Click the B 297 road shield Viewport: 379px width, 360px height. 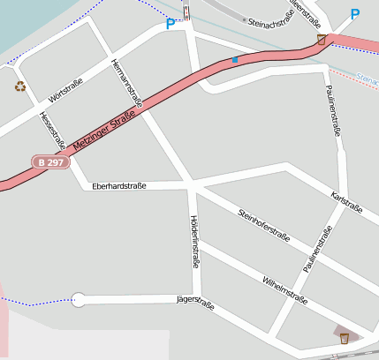pos(49,162)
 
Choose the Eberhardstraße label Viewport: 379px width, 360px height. pos(118,186)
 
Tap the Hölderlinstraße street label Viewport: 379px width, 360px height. pos(194,241)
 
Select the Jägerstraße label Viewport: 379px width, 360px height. pos(195,302)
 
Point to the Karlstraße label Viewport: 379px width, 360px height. pos(346,202)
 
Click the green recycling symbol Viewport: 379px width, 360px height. pos(20,86)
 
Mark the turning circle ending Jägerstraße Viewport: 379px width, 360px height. pos(79,299)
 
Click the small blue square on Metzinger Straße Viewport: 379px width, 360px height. pos(235,60)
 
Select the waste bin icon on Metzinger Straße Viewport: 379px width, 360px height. pos(322,40)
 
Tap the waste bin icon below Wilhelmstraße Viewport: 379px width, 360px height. pos(345,336)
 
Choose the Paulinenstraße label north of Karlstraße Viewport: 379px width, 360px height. pos(333,110)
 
